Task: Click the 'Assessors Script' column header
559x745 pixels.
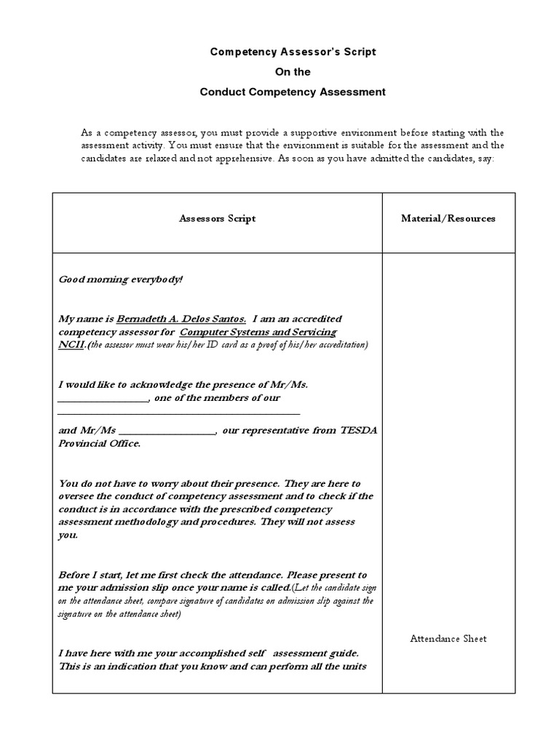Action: click(217, 218)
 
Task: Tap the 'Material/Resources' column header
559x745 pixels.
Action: click(448, 218)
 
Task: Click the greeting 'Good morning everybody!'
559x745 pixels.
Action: click(121, 279)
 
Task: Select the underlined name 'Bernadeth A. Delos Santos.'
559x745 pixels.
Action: click(181, 319)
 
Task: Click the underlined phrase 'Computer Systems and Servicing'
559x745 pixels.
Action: click(258, 332)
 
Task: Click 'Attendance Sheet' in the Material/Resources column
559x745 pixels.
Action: click(448, 639)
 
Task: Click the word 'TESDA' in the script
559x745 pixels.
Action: click(358, 430)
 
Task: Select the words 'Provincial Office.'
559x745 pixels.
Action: click(100, 443)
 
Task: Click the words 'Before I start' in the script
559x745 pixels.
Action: click(92, 574)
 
